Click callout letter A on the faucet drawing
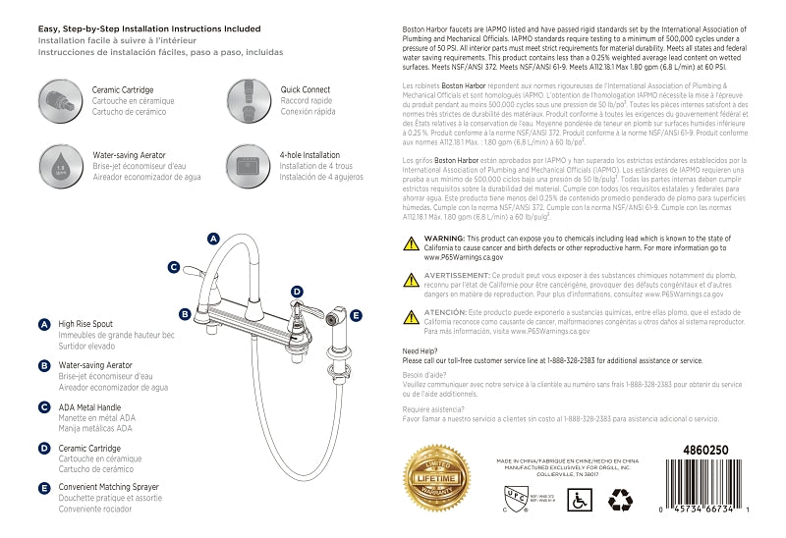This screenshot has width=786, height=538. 213,239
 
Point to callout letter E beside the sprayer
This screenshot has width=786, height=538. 356,315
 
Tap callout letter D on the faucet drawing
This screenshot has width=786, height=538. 297,292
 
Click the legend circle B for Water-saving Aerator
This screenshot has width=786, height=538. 44,366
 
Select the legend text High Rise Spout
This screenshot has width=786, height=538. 85,323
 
